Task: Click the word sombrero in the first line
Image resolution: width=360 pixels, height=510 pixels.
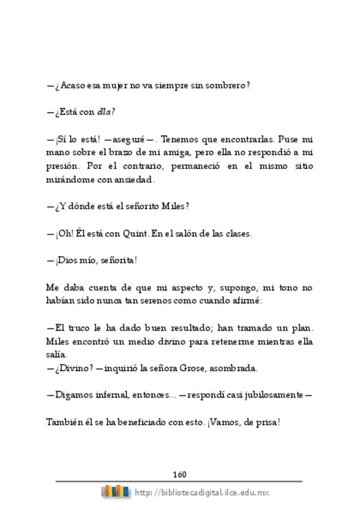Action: [228, 85]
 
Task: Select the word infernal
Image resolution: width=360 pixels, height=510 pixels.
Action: [120, 395]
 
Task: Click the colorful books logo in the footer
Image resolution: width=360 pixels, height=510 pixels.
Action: [115, 492]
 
